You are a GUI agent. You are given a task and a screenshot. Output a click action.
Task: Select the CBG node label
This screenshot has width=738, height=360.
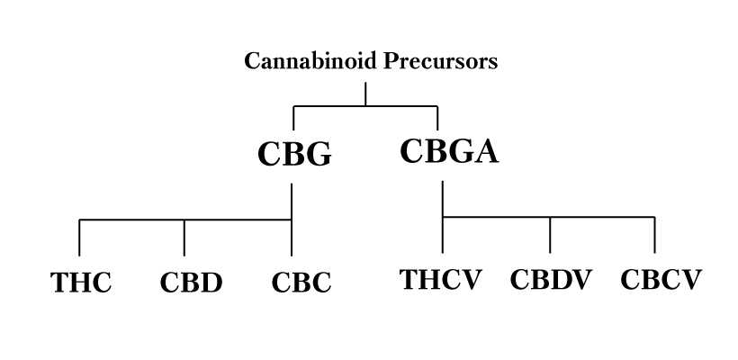click(x=295, y=155)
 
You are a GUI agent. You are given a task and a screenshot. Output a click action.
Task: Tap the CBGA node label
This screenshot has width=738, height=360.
click(x=448, y=150)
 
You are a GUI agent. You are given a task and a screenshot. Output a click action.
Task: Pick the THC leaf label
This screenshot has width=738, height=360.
click(x=81, y=283)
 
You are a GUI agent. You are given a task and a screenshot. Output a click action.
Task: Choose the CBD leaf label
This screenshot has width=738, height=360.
click(x=191, y=283)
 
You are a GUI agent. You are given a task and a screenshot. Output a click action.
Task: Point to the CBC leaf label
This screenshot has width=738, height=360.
click(x=301, y=283)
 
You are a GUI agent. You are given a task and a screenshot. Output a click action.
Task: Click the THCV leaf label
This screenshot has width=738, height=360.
click(x=442, y=279)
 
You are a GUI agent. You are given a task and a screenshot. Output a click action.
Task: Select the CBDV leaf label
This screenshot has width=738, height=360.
click(x=551, y=279)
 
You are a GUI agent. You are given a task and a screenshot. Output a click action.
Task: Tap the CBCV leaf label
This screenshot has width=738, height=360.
click(x=660, y=279)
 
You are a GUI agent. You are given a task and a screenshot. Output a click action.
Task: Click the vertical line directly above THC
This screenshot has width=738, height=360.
click(x=79, y=237)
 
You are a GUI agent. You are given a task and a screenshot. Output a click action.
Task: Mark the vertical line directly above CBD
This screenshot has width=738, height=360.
click(x=184, y=237)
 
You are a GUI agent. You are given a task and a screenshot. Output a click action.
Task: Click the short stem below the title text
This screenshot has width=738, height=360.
click(x=365, y=94)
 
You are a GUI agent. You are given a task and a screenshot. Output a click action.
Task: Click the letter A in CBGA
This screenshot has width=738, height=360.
click(x=484, y=150)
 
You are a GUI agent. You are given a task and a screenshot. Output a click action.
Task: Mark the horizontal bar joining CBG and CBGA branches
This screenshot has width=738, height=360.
click(x=365, y=107)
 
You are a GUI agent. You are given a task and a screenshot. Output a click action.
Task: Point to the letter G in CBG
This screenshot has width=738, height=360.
click(x=316, y=155)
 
